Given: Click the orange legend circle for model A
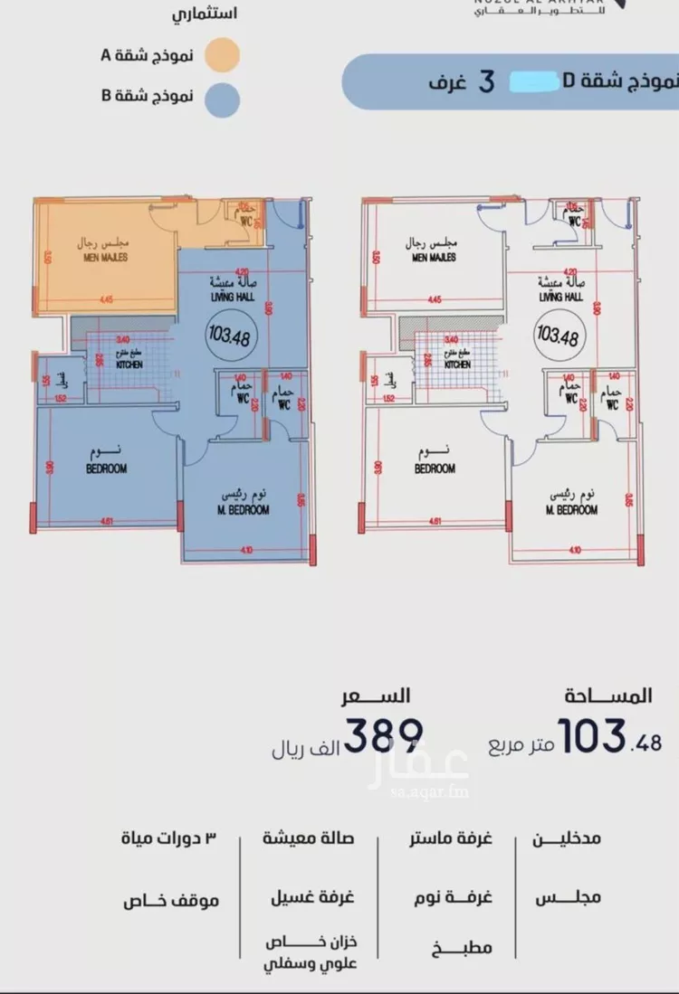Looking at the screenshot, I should [x=221, y=55].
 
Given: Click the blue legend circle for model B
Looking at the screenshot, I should [x=221, y=97].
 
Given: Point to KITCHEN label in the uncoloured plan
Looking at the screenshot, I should [x=457, y=364].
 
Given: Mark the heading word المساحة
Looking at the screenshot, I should [x=612, y=696].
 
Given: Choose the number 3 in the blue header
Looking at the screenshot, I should [x=485, y=81].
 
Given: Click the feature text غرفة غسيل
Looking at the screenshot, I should [x=311, y=898].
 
